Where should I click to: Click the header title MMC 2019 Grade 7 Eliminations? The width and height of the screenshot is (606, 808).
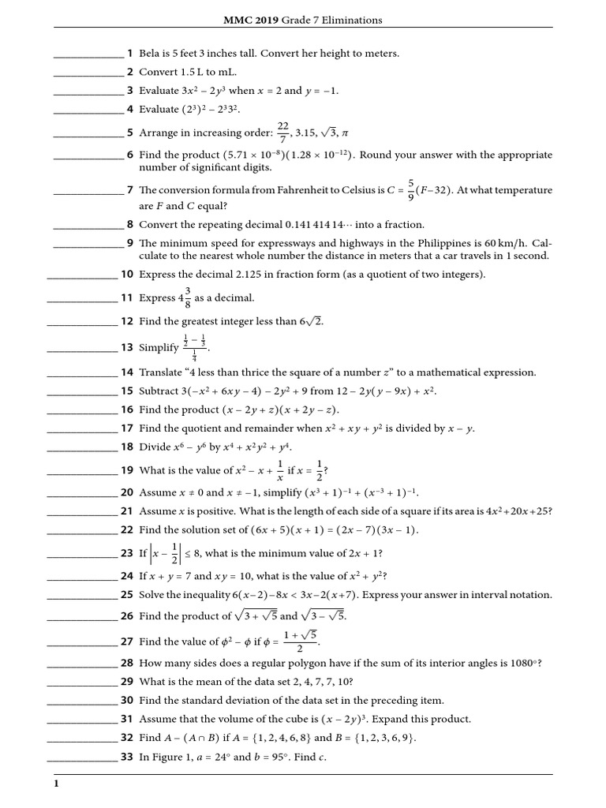(x=303, y=19)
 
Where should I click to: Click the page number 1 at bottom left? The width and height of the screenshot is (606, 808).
(x=56, y=784)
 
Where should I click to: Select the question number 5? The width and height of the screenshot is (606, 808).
(x=129, y=133)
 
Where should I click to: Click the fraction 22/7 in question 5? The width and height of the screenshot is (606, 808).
(x=283, y=133)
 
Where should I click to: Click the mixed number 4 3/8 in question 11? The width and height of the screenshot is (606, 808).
(x=184, y=298)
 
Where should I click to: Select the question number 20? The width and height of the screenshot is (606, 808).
(x=127, y=492)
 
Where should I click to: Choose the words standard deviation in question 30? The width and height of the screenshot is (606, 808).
(x=209, y=700)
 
